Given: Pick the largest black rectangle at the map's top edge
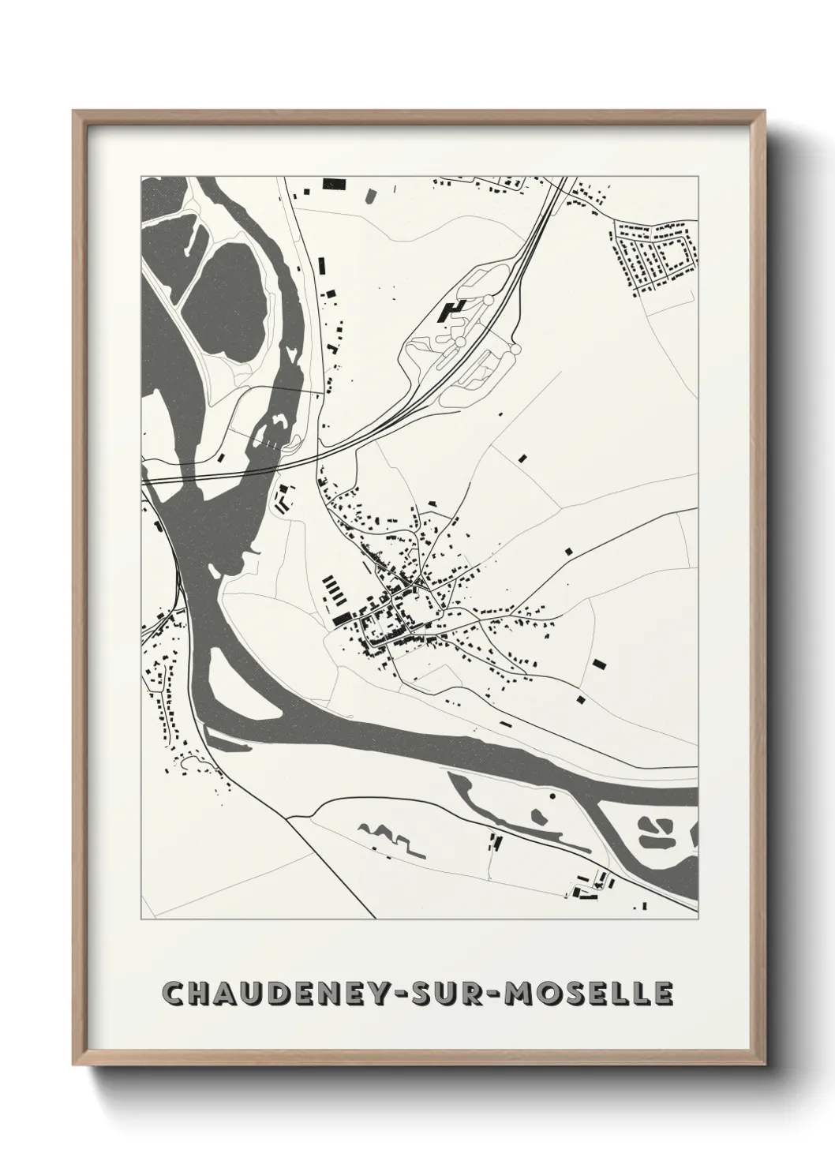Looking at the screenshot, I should pos(334,185).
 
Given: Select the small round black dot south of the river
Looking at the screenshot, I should pos(552,797).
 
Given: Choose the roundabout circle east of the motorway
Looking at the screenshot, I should pos(515,348).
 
